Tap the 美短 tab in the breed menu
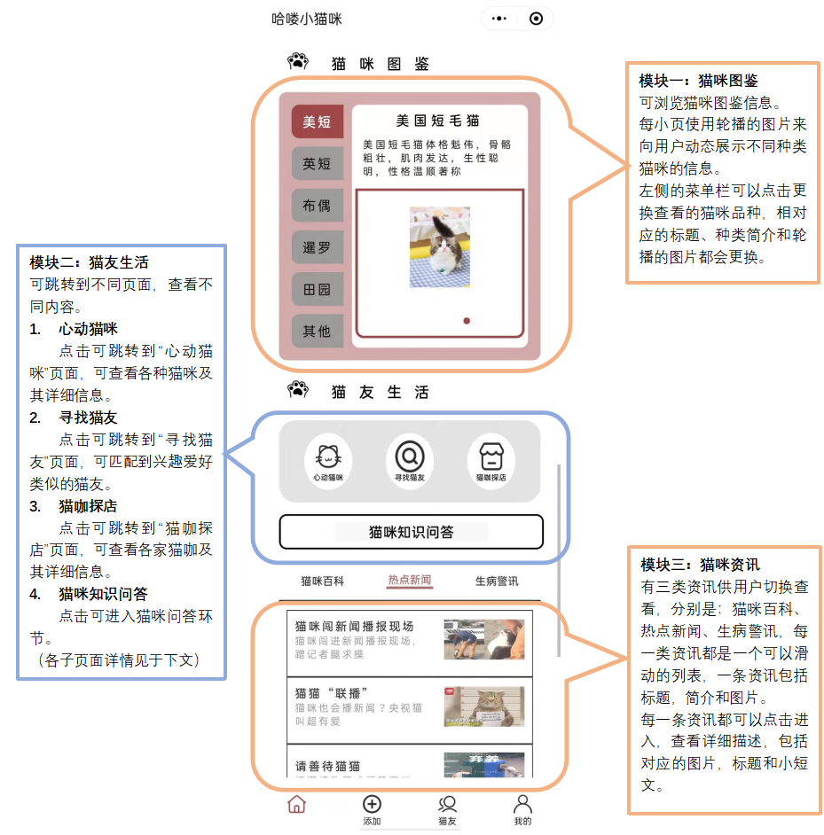tap(317, 121)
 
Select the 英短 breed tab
tap(317, 164)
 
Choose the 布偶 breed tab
tap(317, 206)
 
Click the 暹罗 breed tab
tap(317, 247)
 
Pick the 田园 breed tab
tap(317, 290)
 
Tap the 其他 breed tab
tap(317, 332)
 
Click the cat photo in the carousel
tap(440, 247)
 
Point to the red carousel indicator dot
tap(467, 321)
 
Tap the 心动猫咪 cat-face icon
tap(327, 458)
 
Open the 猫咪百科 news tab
tap(322, 581)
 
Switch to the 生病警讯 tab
tap(497, 581)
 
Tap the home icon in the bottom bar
tap(297, 805)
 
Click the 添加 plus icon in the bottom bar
tap(372, 804)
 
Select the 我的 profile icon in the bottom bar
tap(522, 804)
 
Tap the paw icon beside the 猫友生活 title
tap(298, 389)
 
